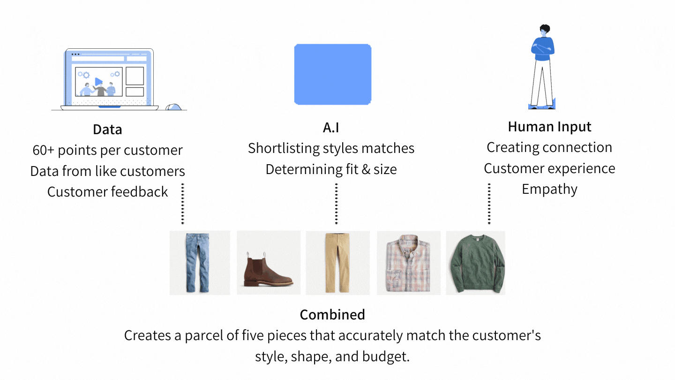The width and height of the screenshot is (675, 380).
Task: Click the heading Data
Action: (x=107, y=129)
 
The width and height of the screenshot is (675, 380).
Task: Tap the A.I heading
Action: (x=331, y=128)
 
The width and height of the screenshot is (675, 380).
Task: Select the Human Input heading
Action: (x=549, y=127)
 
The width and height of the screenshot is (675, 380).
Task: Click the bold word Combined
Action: (x=332, y=314)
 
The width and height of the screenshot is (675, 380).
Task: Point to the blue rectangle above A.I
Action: (x=333, y=75)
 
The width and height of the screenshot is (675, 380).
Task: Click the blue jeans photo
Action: (x=200, y=263)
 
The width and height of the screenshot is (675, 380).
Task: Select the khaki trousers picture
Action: (x=337, y=263)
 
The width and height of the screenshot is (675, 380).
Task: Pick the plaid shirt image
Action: (x=409, y=263)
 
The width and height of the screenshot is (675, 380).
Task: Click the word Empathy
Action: (x=549, y=190)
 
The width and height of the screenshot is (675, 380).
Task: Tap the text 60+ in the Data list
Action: (x=44, y=150)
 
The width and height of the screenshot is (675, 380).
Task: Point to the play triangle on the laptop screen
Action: (x=98, y=82)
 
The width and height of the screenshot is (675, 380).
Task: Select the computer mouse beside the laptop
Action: (x=173, y=107)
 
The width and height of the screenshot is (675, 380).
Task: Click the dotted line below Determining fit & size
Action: (x=336, y=204)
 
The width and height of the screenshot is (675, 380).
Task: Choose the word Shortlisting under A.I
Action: (x=284, y=148)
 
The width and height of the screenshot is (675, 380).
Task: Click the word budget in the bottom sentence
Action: (x=386, y=357)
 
